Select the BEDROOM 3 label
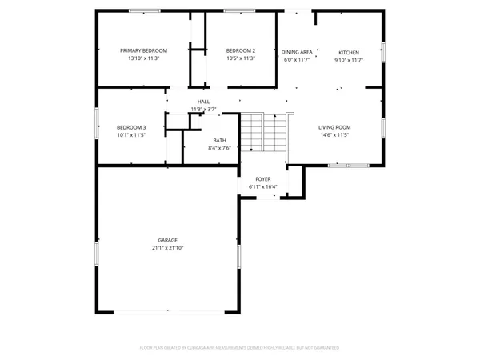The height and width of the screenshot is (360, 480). [131, 127]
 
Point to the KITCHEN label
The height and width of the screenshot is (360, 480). [348, 52]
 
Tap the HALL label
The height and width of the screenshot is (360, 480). [203, 102]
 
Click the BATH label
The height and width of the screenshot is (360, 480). [219, 140]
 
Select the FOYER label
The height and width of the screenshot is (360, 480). [262, 179]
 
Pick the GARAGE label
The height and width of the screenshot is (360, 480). [167, 240]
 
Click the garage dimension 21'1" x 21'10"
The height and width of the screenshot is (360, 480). [167, 248]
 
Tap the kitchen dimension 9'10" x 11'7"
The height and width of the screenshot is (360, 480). [348, 60]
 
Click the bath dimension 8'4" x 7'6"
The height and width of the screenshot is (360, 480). [219, 148]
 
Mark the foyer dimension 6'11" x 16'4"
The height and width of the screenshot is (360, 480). [262, 187]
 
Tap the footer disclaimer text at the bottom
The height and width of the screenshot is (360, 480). [240, 348]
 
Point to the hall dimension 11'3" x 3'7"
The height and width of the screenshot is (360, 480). [203, 109]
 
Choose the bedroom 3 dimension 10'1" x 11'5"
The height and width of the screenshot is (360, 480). [131, 135]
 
